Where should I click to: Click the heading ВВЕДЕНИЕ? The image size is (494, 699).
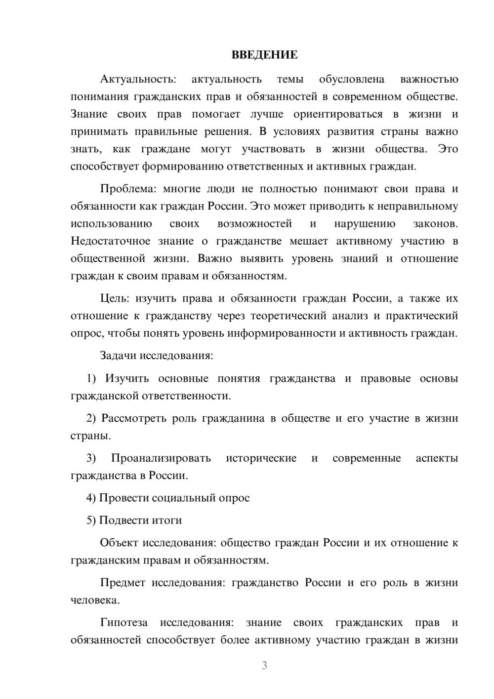pos(264,55)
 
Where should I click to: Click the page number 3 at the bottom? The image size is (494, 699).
pos(264,665)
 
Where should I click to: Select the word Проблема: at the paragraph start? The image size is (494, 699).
pos(128,189)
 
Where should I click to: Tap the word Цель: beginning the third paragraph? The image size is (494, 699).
pos(115,299)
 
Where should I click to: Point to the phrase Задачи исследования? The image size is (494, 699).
pos(156,356)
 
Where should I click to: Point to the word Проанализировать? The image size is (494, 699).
pos(161,458)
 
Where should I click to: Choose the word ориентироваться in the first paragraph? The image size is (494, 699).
pos(338,114)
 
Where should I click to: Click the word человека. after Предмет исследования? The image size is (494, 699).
pos(95,601)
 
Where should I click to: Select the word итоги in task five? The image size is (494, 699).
pos(168,521)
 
